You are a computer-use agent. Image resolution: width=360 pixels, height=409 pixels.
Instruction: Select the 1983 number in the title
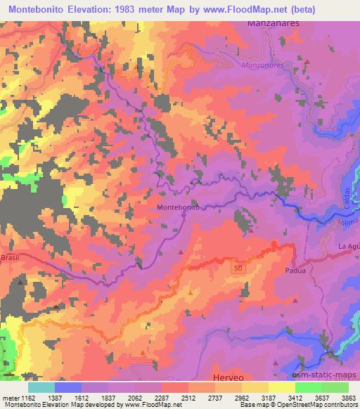[136, 9]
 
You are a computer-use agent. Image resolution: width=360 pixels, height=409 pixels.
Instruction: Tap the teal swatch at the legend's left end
[43, 387]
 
